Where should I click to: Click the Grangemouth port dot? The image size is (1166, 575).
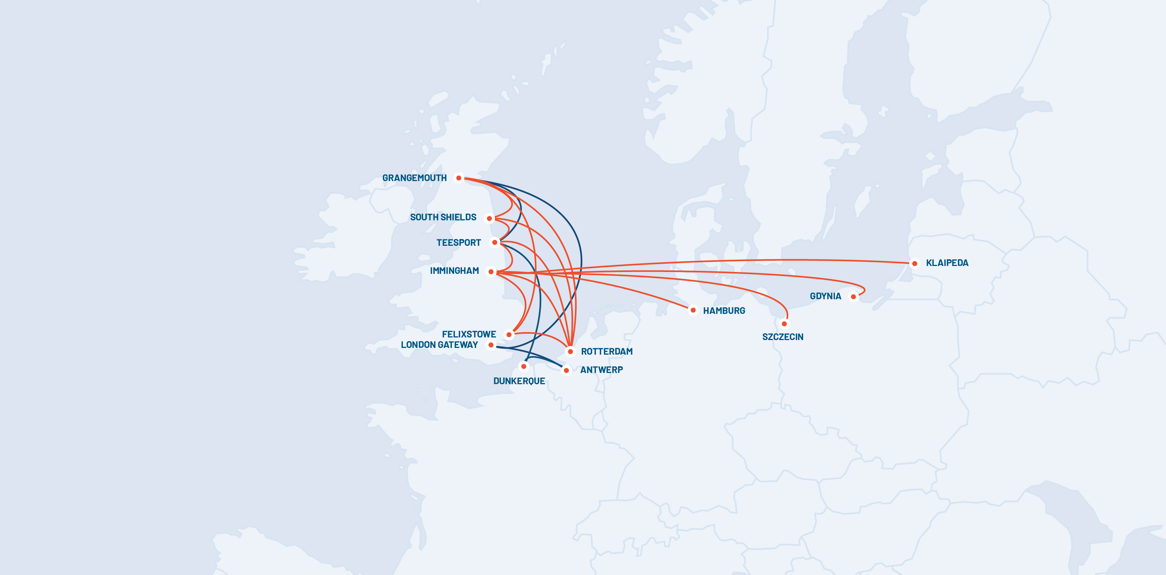pyautogui.click(x=459, y=178)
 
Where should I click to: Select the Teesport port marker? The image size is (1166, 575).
pyautogui.click(x=495, y=242)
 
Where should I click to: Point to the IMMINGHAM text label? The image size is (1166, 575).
pyautogui.click(x=454, y=271)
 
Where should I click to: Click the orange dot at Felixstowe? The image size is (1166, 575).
pyautogui.click(x=509, y=334)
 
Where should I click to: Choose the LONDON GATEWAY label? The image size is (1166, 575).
pyautogui.click(x=439, y=345)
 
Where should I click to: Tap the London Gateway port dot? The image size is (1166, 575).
pyautogui.click(x=491, y=345)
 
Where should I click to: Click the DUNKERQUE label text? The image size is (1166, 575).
pyautogui.click(x=519, y=381)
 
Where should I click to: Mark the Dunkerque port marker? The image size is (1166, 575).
pyautogui.click(x=524, y=366)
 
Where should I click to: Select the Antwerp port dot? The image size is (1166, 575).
pyautogui.click(x=566, y=370)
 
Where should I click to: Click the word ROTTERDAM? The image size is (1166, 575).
pyautogui.click(x=606, y=352)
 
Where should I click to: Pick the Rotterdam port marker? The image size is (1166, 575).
pyautogui.click(x=570, y=351)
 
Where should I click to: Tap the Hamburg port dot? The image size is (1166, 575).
pyautogui.click(x=693, y=310)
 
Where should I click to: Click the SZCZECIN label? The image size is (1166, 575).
pyautogui.click(x=783, y=337)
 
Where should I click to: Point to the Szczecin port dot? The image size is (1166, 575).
pyautogui.click(x=784, y=324)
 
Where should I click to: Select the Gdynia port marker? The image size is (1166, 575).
pyautogui.click(x=853, y=297)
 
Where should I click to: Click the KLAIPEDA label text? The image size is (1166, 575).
pyautogui.click(x=947, y=263)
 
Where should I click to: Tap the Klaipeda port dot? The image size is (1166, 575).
pyautogui.click(x=914, y=263)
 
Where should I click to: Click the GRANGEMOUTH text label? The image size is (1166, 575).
pyautogui.click(x=414, y=178)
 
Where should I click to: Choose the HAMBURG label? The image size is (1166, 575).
pyautogui.click(x=724, y=311)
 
